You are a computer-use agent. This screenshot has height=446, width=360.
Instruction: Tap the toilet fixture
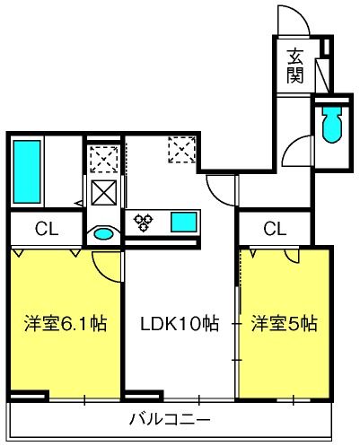[x=331, y=123]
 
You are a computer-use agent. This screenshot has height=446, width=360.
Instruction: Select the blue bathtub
[x=27, y=172]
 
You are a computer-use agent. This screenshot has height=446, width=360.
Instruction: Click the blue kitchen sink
[x=184, y=222]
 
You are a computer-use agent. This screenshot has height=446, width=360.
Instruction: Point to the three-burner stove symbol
[x=144, y=223]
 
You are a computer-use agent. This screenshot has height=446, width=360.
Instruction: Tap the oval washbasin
[x=103, y=233]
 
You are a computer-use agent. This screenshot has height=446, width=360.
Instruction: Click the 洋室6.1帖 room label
[x=66, y=323]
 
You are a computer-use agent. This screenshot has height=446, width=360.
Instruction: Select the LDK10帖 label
[x=180, y=323]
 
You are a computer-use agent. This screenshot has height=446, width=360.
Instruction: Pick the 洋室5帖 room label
[x=285, y=323]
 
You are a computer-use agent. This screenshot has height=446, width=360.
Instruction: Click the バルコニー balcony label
[x=170, y=419]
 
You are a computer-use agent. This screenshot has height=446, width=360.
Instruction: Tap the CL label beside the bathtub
[x=47, y=229]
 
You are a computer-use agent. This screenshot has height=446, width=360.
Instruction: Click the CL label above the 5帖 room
[x=275, y=229]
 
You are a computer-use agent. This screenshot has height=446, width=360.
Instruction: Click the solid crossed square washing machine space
[x=104, y=193]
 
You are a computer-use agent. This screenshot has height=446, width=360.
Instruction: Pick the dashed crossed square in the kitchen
[x=182, y=150]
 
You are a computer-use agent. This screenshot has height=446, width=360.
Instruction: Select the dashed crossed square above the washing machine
[x=104, y=160]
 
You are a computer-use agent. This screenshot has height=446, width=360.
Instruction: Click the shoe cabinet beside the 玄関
[x=323, y=75]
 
